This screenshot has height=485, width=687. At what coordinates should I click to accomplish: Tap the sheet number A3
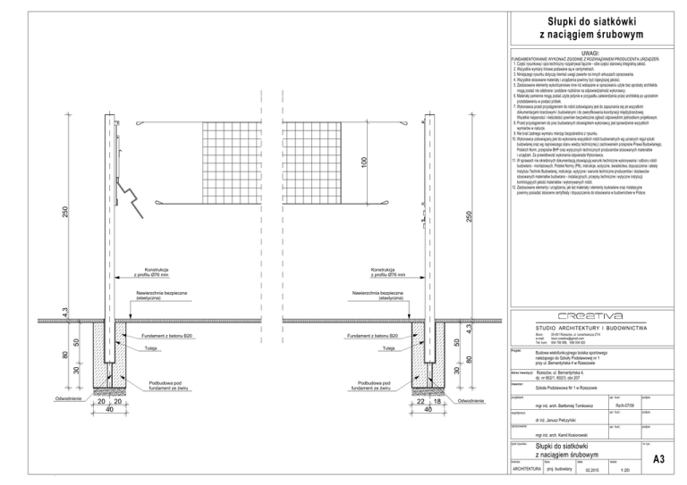coord(658,460)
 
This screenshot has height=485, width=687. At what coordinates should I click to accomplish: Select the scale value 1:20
coord(613,468)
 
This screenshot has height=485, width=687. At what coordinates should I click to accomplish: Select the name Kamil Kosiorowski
coord(560,434)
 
